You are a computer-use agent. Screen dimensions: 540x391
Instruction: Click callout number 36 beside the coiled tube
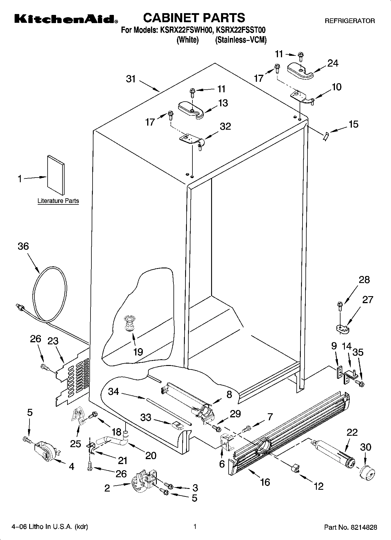coord(23,246)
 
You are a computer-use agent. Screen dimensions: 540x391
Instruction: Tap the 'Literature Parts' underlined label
coord(58,201)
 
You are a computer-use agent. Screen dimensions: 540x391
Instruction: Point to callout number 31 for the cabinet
coord(131,79)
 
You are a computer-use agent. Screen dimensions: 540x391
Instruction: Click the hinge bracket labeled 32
coord(191,140)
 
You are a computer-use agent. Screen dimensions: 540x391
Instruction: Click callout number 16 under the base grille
coord(265,482)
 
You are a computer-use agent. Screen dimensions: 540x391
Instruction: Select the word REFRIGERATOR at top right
coord(350,21)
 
